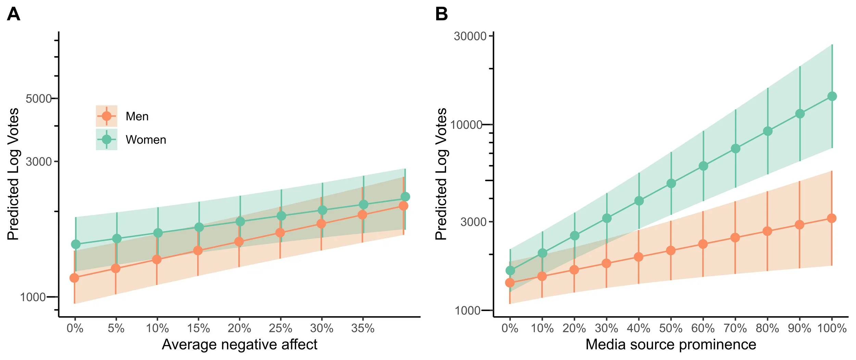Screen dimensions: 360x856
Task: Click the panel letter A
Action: [14, 14]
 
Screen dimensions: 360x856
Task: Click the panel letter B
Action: [441, 14]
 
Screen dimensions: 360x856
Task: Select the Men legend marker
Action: [106, 116]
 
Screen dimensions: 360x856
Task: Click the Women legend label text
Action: [146, 140]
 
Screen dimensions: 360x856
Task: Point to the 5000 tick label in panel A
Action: [38, 99]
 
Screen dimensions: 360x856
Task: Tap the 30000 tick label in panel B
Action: [470, 36]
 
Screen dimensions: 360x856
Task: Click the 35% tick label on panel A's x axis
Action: [363, 328]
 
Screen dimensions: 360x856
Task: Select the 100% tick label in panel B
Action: [832, 328]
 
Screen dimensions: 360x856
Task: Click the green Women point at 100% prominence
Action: [832, 96]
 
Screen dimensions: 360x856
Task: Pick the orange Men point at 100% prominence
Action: [832, 218]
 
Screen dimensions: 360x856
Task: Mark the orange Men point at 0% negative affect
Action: [74, 278]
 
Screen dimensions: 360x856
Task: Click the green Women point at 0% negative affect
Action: [76, 244]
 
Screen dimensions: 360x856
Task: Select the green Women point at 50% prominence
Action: [671, 184]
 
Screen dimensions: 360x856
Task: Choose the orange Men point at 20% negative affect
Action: [239, 242]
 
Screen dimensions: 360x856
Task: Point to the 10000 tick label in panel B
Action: [466, 125]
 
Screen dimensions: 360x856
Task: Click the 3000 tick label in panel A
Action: [38, 161]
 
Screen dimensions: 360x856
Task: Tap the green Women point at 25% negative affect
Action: [281, 216]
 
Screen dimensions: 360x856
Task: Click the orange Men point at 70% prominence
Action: [735, 238]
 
